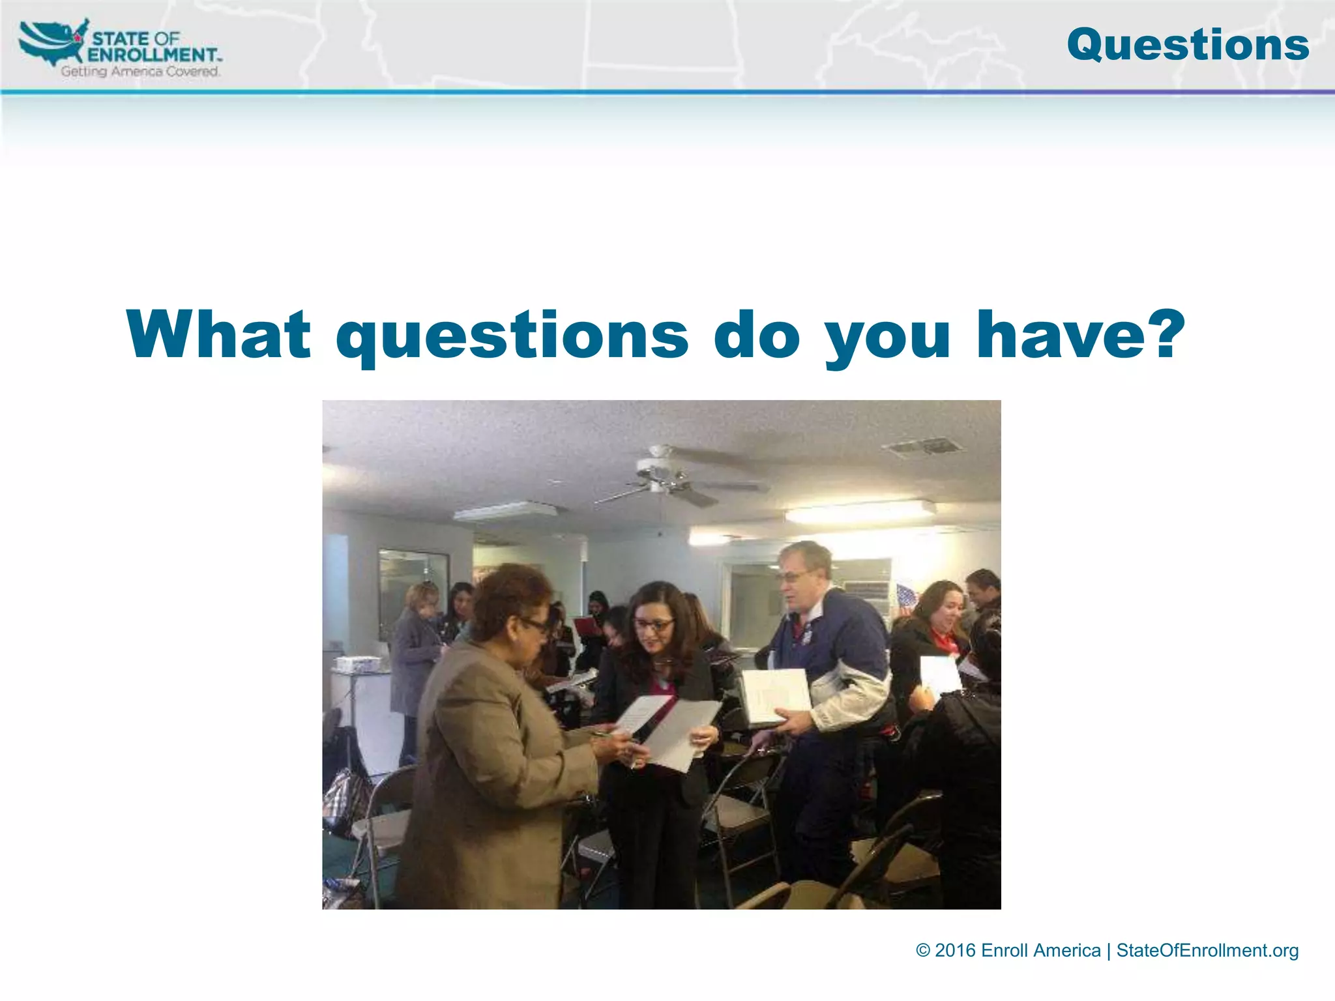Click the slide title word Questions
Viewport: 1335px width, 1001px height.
tap(1188, 45)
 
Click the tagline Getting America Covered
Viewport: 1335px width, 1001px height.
tap(140, 71)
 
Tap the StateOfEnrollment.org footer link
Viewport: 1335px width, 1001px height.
tap(1207, 950)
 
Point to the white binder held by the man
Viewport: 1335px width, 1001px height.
tap(776, 696)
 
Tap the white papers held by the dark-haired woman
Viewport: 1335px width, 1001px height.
tap(671, 730)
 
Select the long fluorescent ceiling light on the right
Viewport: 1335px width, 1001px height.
tap(860, 512)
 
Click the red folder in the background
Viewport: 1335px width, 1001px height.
tap(588, 627)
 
